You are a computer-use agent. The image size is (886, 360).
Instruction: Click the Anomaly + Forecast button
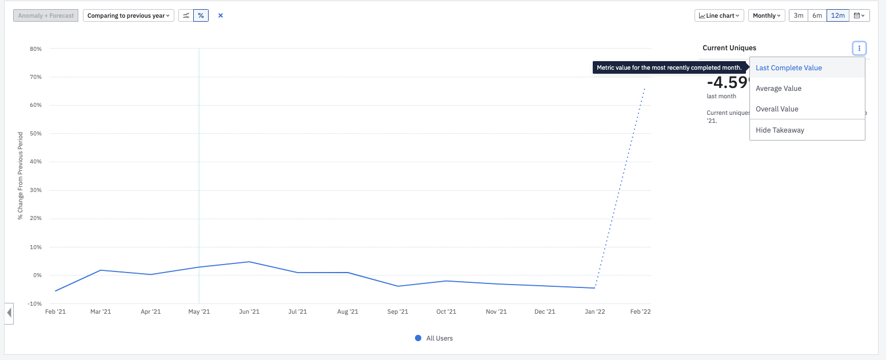tap(46, 15)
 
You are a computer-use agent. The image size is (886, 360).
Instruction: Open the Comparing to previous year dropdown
tap(129, 15)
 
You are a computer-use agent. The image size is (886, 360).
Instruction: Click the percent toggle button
tap(201, 15)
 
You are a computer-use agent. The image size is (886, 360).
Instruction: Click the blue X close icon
tap(221, 15)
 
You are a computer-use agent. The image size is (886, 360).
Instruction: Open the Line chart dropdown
tap(719, 15)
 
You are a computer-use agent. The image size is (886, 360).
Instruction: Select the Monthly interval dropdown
tap(766, 15)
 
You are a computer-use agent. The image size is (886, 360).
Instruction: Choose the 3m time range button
tap(799, 15)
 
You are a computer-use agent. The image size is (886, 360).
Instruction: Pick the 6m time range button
tap(817, 15)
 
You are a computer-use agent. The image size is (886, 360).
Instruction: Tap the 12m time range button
tap(838, 15)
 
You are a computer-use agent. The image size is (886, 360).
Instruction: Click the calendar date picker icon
tap(859, 15)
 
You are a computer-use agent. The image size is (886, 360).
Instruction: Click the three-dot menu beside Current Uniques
tap(859, 49)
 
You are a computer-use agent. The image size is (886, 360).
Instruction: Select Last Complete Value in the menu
tap(789, 67)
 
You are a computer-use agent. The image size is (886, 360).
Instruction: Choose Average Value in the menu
tap(779, 89)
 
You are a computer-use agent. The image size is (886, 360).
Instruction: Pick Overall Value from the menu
tap(777, 109)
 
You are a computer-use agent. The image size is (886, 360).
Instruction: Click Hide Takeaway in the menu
tap(780, 130)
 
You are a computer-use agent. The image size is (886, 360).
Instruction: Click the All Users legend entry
tap(434, 338)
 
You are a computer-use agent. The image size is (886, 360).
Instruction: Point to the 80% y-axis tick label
tap(35, 49)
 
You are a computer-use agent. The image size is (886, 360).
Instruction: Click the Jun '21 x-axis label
tap(249, 311)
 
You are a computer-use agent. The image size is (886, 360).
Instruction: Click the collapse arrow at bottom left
tap(9, 313)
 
